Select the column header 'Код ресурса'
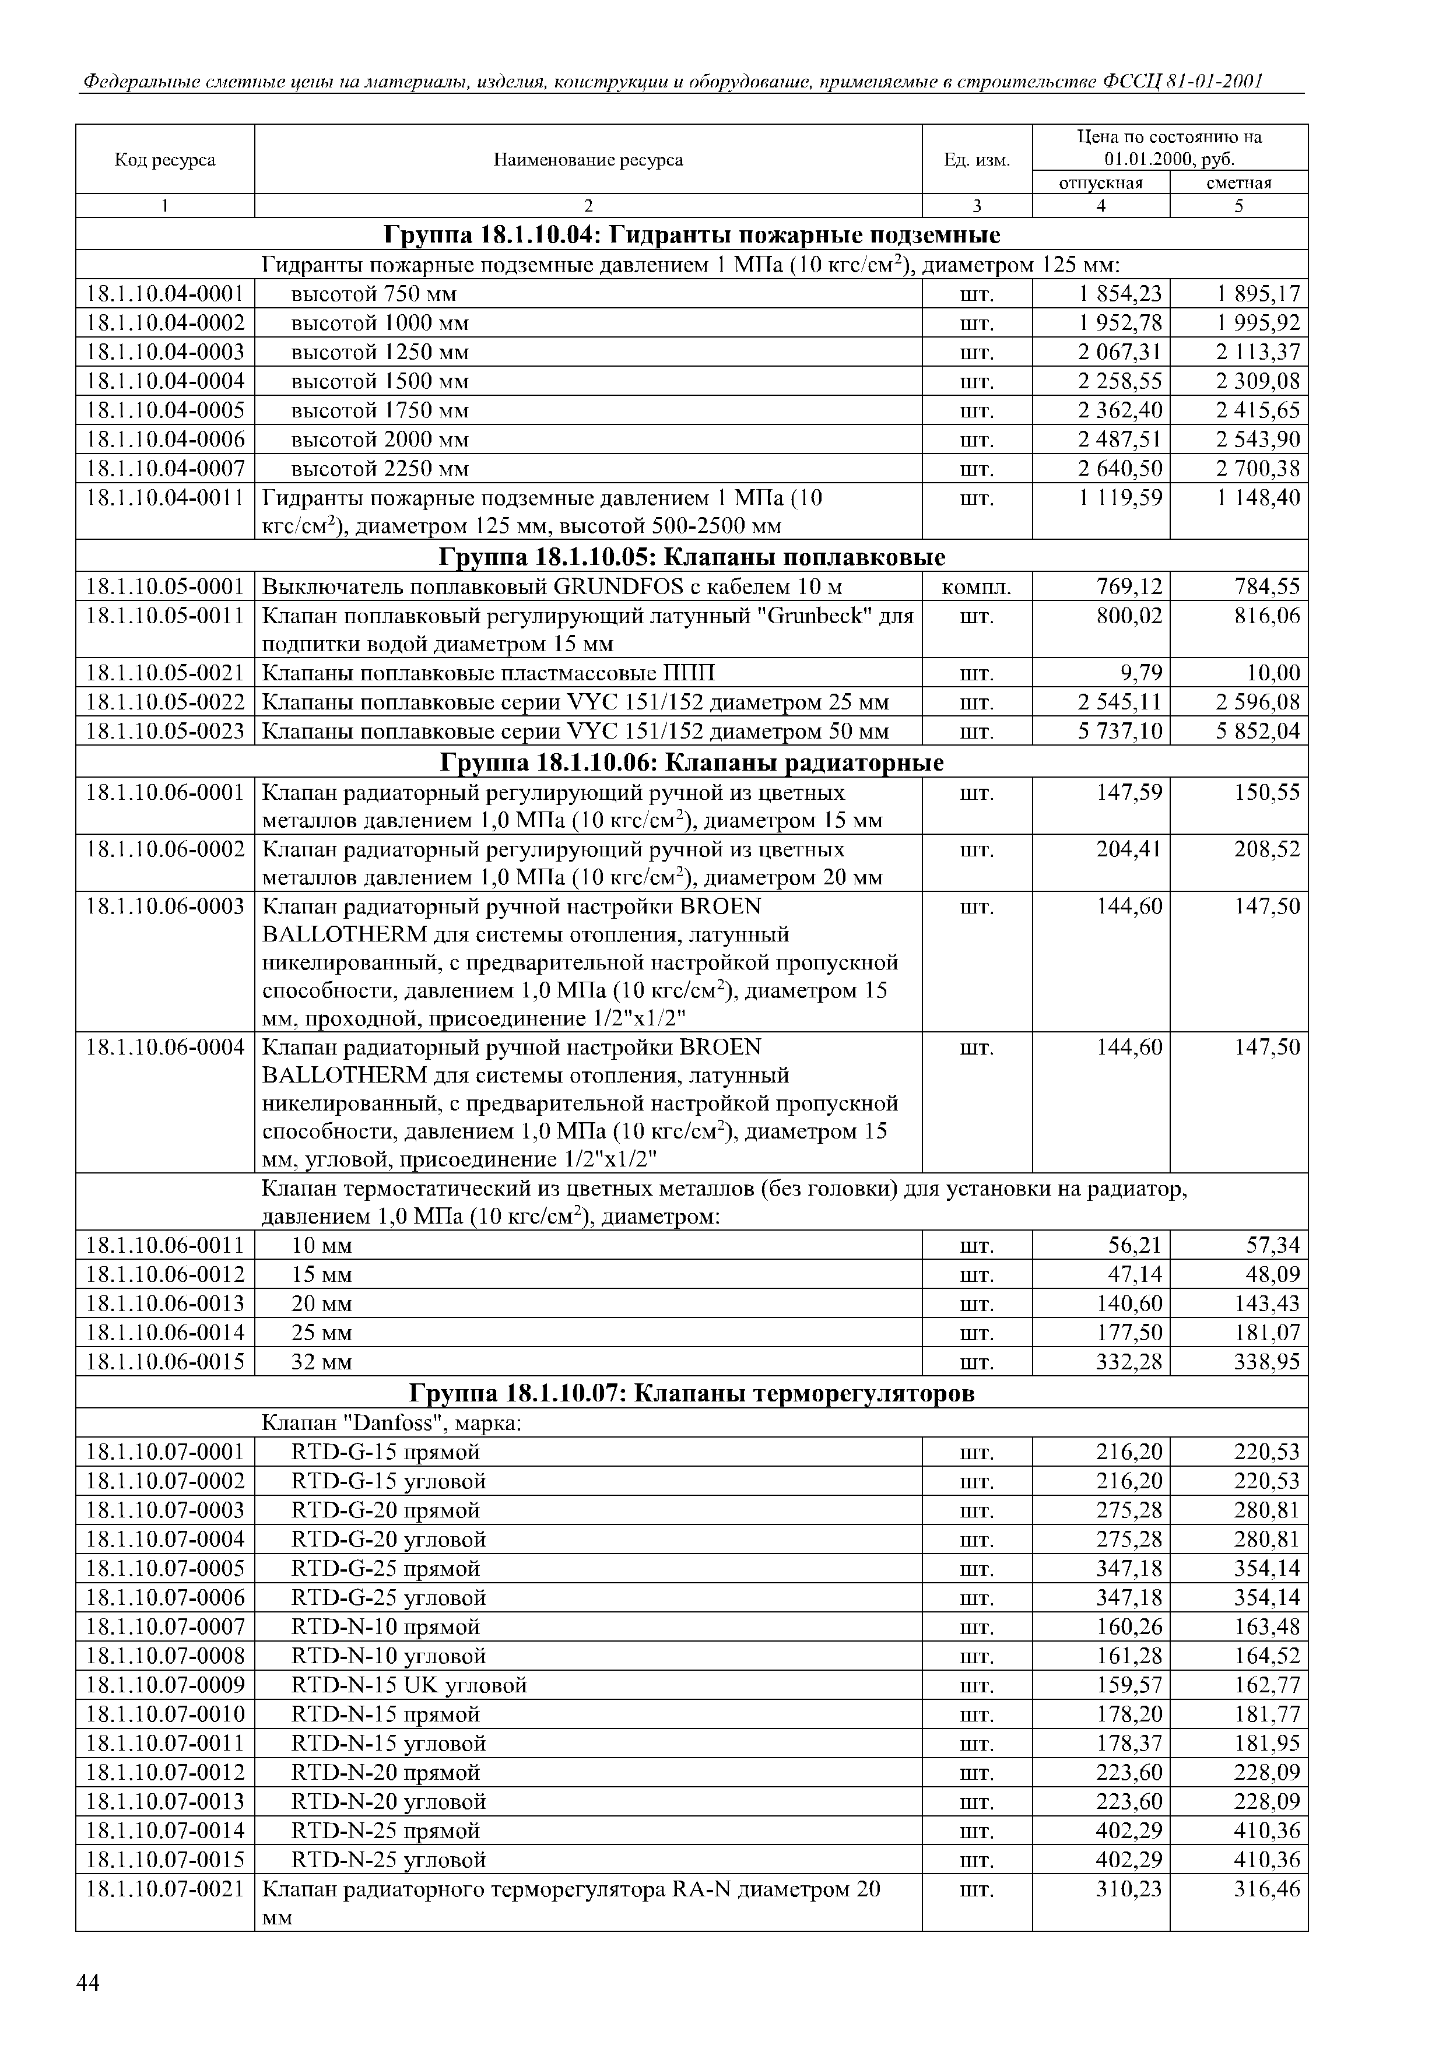tap(165, 159)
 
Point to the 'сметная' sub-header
tap(1238, 182)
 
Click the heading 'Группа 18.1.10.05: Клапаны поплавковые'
tap(692, 557)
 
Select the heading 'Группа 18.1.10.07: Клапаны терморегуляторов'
tap(692, 1393)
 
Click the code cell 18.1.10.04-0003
tap(165, 352)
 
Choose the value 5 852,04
tap(1258, 731)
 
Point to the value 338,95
tap(1267, 1362)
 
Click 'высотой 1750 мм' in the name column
tap(380, 410)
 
